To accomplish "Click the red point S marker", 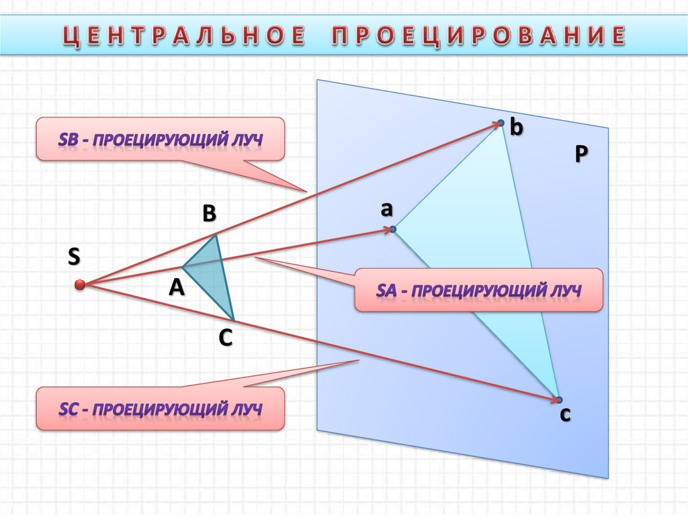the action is [x=80, y=285].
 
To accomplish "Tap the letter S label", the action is [x=74, y=256].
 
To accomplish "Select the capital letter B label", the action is [x=209, y=214].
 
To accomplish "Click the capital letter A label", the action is [x=176, y=287].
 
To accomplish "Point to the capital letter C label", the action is [x=225, y=338].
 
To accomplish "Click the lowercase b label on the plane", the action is [x=516, y=127].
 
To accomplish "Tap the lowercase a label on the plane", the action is [x=386, y=209].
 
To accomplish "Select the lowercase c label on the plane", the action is [x=565, y=415].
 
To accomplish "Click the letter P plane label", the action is [x=581, y=154].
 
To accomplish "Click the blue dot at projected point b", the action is [x=501, y=122].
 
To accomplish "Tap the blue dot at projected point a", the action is [x=393, y=229].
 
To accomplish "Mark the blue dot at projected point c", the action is [x=558, y=400].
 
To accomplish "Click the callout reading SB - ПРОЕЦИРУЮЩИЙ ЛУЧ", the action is [x=160, y=140].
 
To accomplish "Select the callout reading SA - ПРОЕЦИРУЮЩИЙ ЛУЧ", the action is [x=478, y=290].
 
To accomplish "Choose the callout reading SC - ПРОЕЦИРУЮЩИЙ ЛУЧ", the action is [x=160, y=408].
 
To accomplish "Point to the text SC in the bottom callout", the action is [x=70, y=408].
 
